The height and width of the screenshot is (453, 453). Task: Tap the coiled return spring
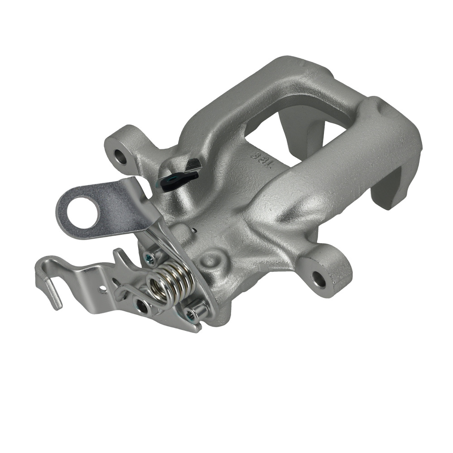pos(169,283)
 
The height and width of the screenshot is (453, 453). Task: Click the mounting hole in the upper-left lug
pos(120,156)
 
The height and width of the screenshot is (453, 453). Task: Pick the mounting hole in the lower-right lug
pos(319,280)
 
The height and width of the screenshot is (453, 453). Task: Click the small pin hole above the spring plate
pos(194,230)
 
